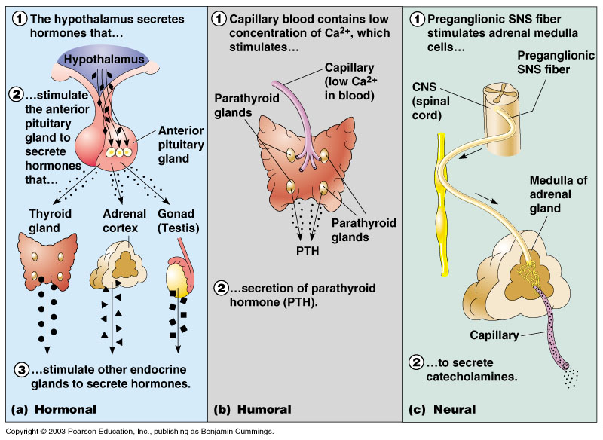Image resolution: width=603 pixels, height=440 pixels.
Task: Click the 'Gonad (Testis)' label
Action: click(177, 220)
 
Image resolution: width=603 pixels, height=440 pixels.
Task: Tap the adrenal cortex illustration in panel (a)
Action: click(116, 264)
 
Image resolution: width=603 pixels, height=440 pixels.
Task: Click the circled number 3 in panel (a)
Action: click(23, 369)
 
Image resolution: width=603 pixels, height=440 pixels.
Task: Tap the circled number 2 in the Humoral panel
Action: click(223, 289)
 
